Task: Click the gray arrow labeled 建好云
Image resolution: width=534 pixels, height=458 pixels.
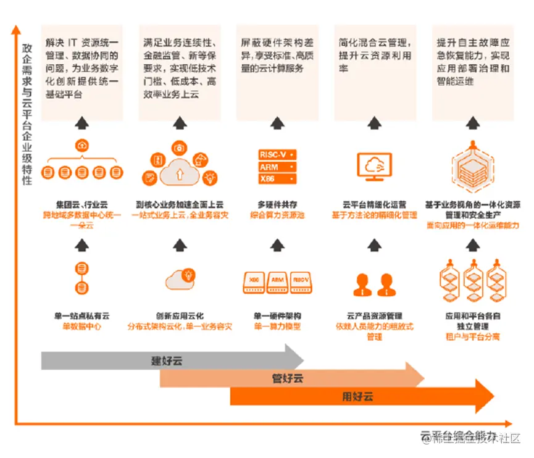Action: click(x=167, y=360)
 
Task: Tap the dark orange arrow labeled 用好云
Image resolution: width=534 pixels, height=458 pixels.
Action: click(x=358, y=397)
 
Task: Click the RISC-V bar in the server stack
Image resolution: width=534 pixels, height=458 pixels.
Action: click(x=275, y=155)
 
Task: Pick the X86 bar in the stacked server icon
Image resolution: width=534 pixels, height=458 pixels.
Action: click(x=275, y=179)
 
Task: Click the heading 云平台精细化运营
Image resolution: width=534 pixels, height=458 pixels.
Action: click(x=375, y=204)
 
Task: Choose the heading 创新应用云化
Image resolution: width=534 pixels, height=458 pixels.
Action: click(x=180, y=315)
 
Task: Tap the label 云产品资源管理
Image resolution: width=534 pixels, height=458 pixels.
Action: click(x=375, y=315)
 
